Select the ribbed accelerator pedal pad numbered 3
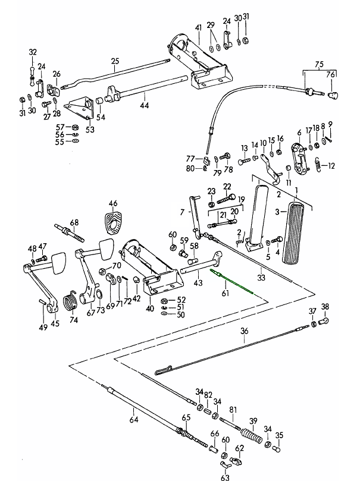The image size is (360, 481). (x=298, y=232)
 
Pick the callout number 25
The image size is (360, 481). (x=115, y=60)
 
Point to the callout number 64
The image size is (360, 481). (x=134, y=420)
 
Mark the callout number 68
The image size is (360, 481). (x=74, y=222)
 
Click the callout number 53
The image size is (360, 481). (x=90, y=129)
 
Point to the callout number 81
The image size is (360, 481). (x=233, y=409)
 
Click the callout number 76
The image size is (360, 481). (x=330, y=74)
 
